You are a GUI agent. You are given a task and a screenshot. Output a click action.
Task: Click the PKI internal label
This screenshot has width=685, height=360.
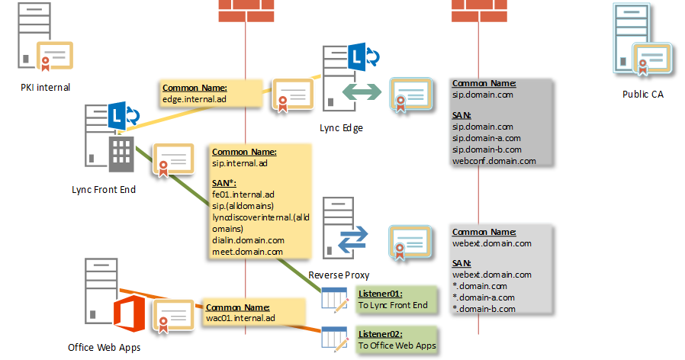pos(45,87)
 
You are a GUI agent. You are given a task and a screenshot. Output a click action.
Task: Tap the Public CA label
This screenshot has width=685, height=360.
pos(643,95)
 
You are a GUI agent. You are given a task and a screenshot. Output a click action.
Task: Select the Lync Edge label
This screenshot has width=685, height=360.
pos(341,128)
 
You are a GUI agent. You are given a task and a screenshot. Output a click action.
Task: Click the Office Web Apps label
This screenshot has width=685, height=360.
pos(104,347)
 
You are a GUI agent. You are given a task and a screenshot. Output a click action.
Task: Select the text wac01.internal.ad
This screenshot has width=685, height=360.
pos(240,317)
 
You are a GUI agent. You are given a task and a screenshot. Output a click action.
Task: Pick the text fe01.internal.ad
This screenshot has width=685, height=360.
pos(244,194)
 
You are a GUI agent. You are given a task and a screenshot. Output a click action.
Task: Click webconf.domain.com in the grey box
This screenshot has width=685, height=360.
pos(494,161)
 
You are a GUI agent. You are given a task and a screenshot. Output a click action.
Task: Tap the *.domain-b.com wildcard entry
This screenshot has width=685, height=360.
pos(484,309)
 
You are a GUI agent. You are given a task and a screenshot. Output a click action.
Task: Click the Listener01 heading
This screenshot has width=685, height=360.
pos(380,294)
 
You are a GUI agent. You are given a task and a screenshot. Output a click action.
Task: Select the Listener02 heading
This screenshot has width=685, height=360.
pos(380,333)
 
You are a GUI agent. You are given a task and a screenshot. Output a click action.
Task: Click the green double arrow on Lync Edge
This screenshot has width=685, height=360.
pos(361,92)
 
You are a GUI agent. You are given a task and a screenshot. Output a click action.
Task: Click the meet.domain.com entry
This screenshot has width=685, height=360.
pos(247,252)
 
